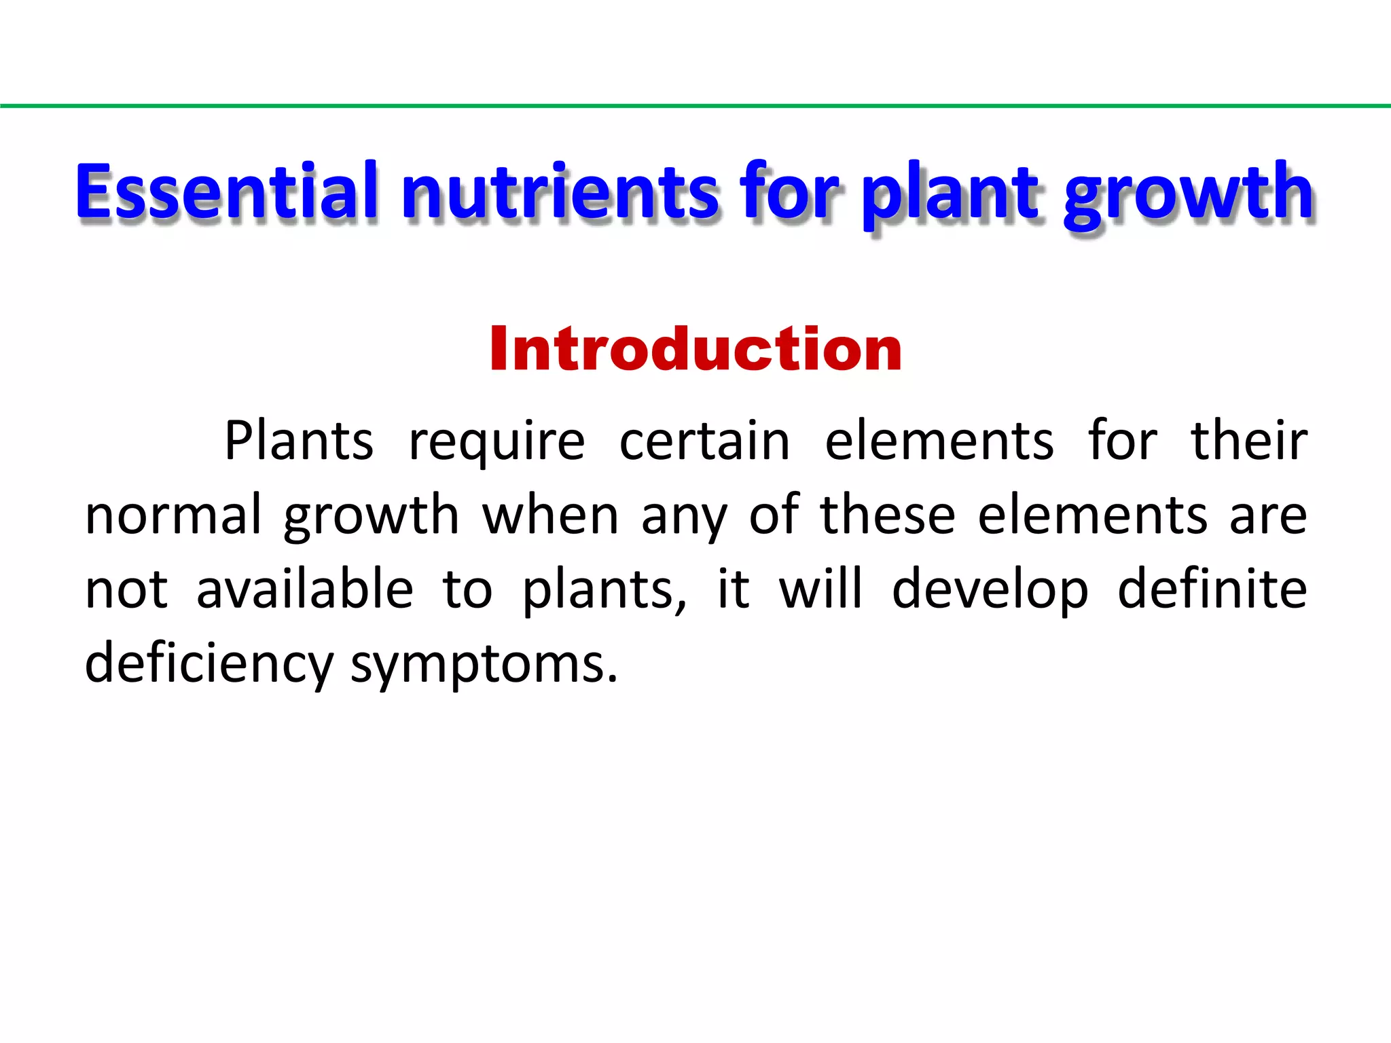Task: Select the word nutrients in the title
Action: (x=560, y=193)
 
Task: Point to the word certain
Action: (x=704, y=441)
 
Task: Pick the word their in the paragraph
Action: (x=1248, y=441)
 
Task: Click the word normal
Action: (x=173, y=515)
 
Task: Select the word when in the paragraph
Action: (x=550, y=515)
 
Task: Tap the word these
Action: (x=888, y=515)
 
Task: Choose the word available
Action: (x=305, y=589)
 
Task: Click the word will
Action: (x=820, y=589)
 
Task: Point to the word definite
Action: (x=1212, y=589)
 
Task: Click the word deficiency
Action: (x=209, y=664)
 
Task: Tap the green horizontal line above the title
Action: (x=695, y=106)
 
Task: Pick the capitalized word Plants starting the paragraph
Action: (x=299, y=441)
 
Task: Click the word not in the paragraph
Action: (x=126, y=589)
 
